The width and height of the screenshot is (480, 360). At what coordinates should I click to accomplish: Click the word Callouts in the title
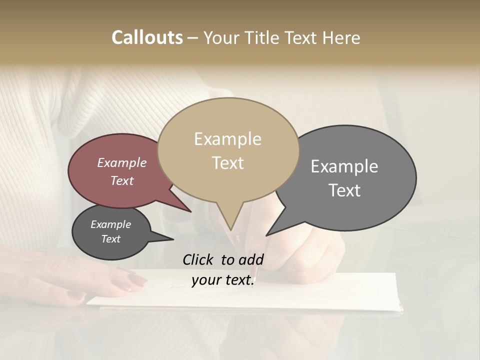[147, 37]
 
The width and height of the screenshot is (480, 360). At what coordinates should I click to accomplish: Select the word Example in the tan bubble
[227, 139]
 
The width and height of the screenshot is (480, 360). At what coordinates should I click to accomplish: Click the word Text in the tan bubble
[227, 163]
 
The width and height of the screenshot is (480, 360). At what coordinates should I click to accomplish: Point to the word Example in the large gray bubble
[344, 166]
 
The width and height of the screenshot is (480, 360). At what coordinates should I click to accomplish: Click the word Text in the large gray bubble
[344, 190]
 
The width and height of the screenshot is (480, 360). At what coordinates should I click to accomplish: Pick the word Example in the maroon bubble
[122, 162]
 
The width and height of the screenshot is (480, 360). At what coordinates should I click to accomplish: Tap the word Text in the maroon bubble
[122, 180]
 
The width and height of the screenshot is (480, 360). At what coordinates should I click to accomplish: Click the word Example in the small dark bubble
[110, 224]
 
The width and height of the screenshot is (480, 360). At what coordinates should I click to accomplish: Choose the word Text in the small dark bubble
[110, 239]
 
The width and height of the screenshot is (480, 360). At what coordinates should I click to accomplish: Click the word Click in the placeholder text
[199, 259]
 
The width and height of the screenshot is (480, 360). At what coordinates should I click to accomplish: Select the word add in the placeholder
[250, 259]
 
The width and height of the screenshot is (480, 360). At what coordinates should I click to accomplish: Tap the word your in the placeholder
[205, 280]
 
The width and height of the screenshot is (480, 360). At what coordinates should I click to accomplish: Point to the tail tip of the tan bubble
[231, 230]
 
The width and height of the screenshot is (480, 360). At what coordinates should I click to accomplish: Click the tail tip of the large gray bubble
[266, 235]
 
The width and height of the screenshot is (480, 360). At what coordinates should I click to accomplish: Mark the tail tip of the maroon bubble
[191, 211]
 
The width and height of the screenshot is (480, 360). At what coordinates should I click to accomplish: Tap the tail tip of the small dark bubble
[173, 239]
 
